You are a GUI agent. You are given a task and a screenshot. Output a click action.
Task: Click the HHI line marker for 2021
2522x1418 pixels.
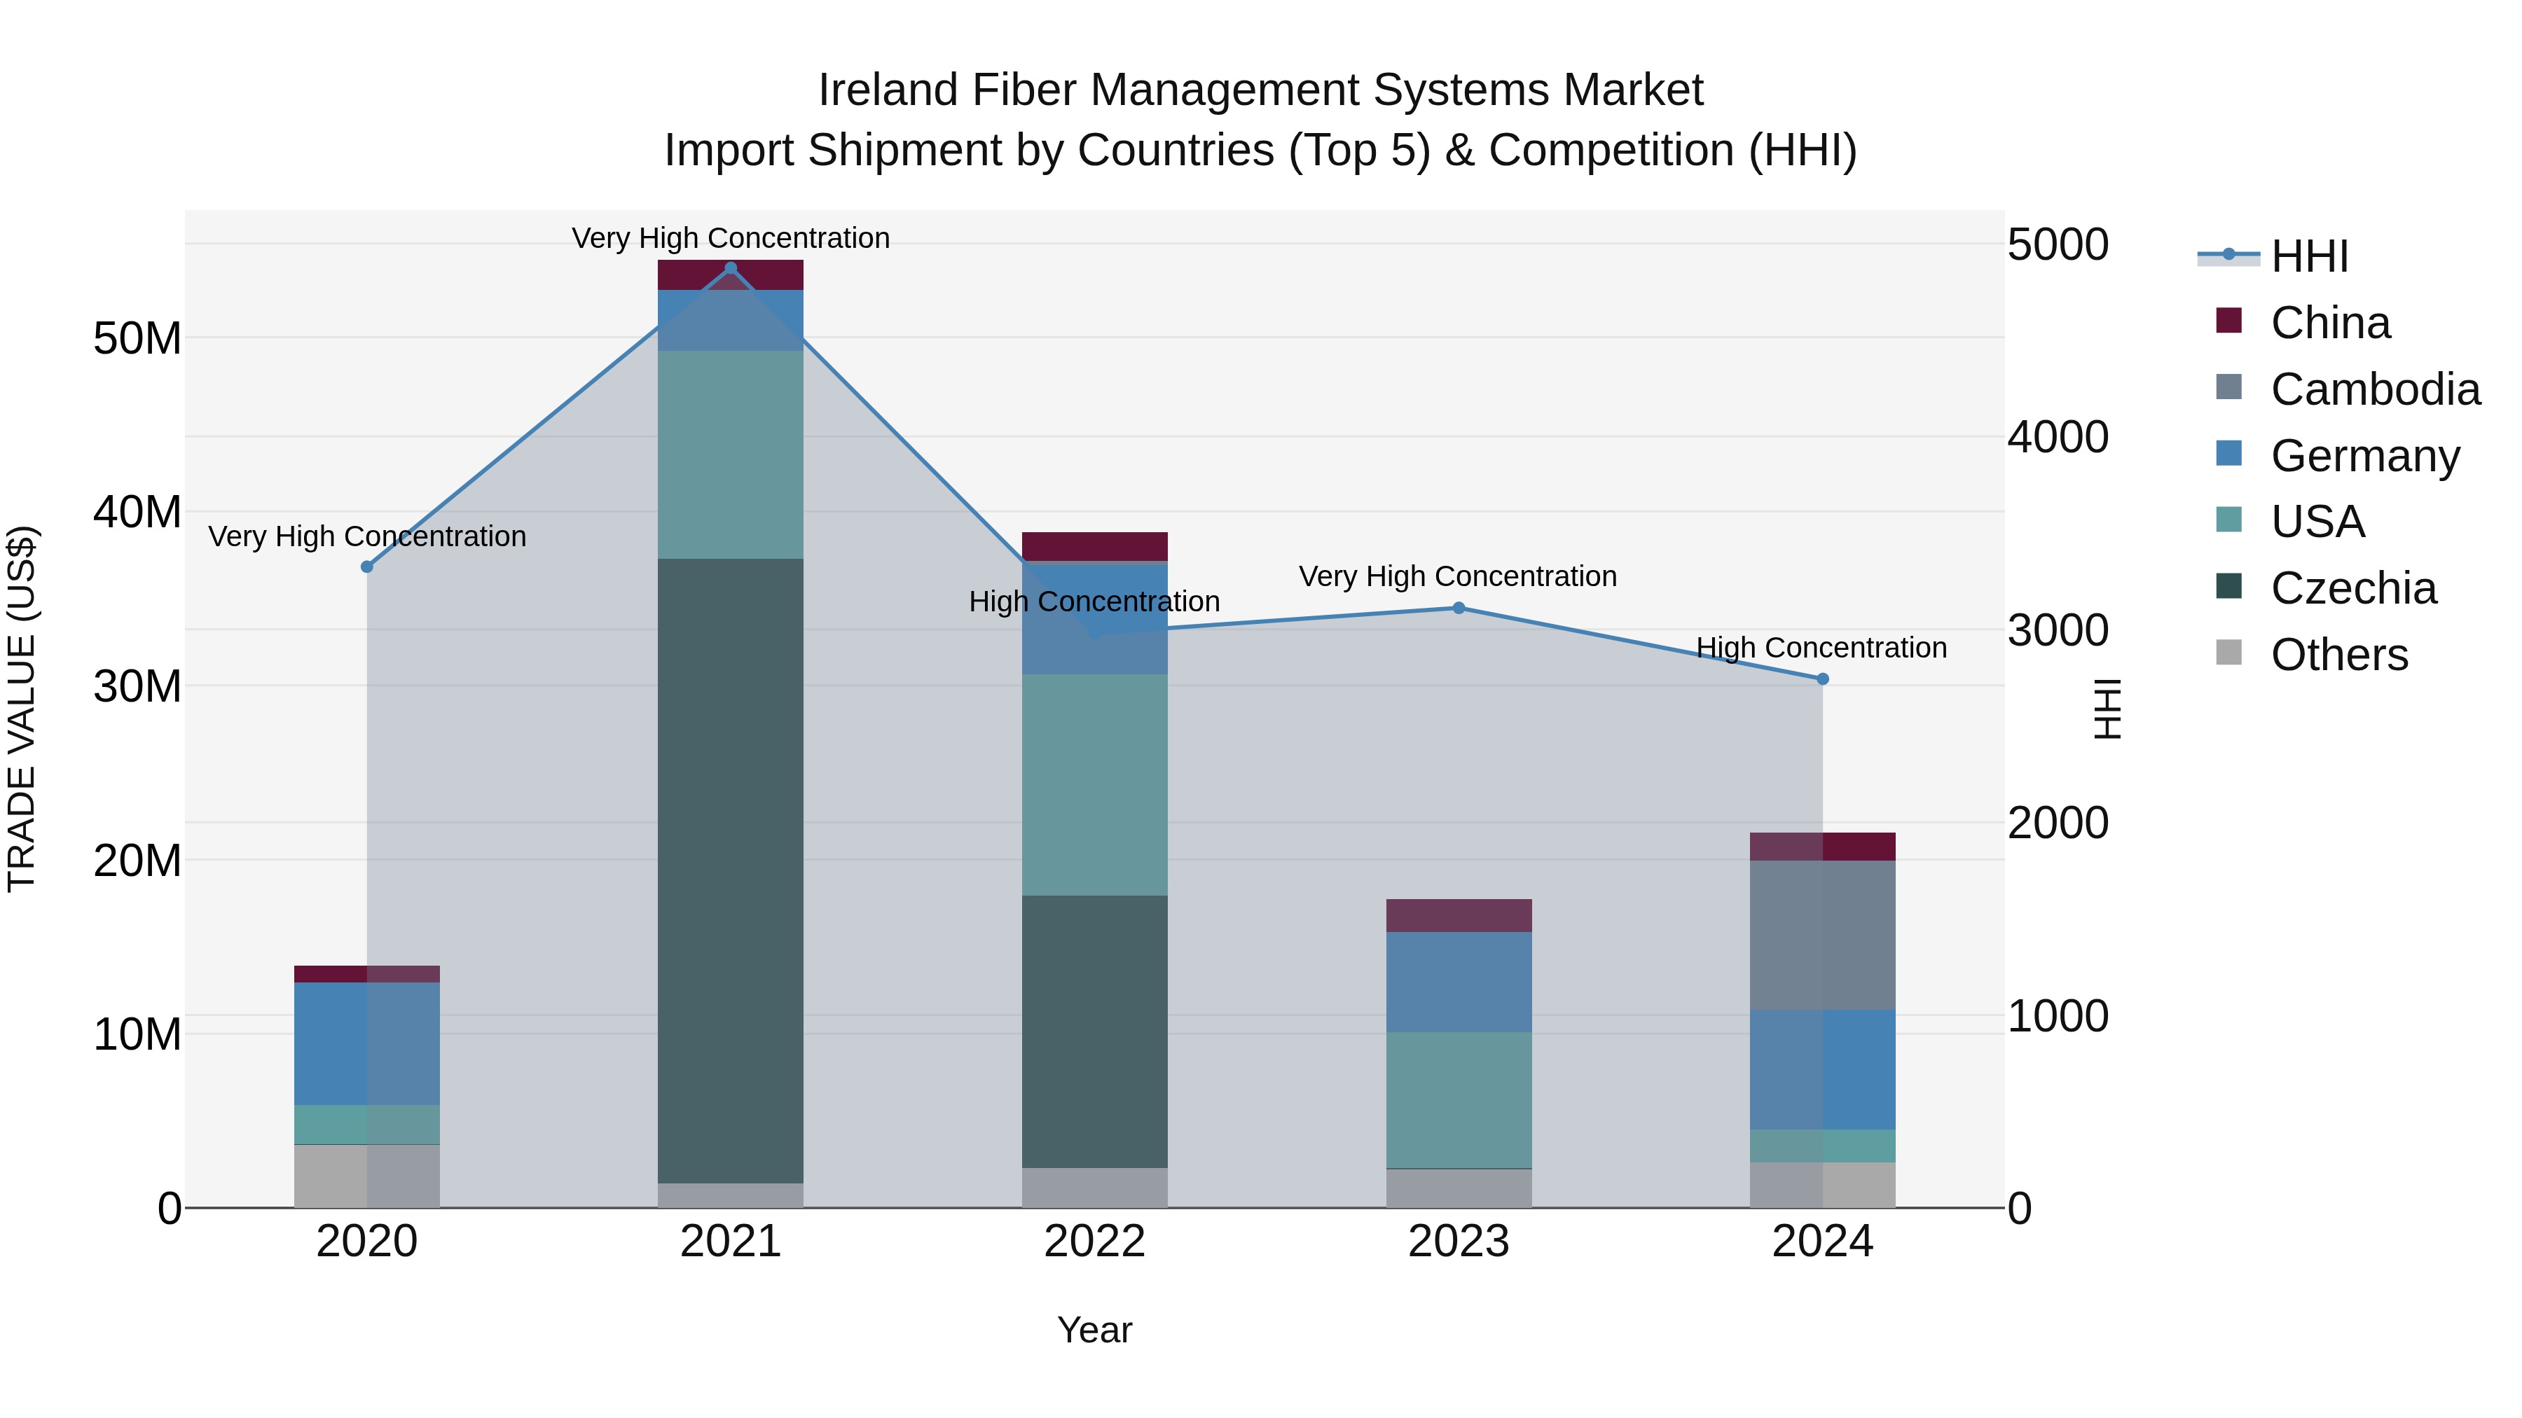pos(731,268)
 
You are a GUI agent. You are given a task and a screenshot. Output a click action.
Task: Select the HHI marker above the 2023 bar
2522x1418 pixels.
pos(1459,608)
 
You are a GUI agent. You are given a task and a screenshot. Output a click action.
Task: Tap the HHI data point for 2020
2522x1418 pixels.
pos(367,566)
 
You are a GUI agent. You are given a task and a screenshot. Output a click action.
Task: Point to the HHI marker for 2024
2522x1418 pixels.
pos(1823,679)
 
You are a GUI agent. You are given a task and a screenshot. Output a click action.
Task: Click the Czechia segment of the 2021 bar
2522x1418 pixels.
pos(731,871)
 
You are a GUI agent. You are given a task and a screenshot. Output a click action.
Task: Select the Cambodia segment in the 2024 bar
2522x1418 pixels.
pos(1823,935)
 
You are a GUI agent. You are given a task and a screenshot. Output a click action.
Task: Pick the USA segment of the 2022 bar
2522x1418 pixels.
pos(1094,785)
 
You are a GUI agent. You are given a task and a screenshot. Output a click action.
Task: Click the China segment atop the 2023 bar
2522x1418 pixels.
pos(1459,915)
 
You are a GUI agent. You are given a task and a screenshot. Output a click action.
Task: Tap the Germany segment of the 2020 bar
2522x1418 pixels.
pos(367,1043)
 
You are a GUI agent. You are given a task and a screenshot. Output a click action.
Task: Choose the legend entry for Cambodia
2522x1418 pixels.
pos(2375,389)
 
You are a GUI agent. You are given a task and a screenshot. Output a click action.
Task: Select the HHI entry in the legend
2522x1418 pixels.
pos(2308,256)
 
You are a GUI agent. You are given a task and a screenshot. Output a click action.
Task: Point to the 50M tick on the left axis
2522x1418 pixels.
pos(137,339)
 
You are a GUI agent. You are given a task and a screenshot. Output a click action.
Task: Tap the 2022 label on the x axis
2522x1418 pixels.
pos(1094,1242)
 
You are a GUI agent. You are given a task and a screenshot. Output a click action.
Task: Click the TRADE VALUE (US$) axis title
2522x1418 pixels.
pos(22,709)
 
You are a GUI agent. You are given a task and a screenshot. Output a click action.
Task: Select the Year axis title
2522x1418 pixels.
pos(1094,1330)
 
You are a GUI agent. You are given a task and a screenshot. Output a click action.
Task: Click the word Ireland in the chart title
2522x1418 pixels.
pos(887,90)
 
